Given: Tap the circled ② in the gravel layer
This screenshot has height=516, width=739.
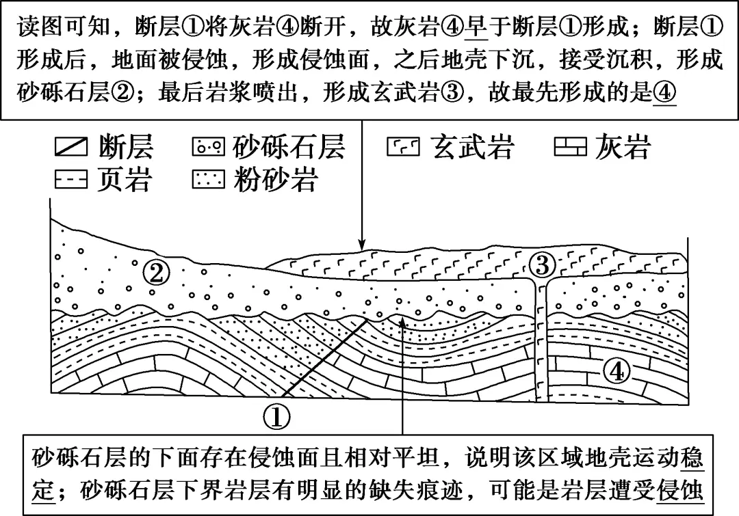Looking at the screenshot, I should tap(157, 274).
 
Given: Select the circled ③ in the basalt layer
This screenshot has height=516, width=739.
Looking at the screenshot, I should tap(542, 263).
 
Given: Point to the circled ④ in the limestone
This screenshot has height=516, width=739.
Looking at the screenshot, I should tap(617, 372).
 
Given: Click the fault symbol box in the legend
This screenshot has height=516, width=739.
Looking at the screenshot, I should tap(70, 147).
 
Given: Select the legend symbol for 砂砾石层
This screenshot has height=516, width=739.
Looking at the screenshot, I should tap(210, 147).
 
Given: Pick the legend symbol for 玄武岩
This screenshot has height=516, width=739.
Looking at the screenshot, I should tap(404, 147).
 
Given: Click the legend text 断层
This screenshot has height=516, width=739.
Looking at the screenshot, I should tap(125, 147).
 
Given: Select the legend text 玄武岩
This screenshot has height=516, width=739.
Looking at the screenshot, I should tap(472, 147).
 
